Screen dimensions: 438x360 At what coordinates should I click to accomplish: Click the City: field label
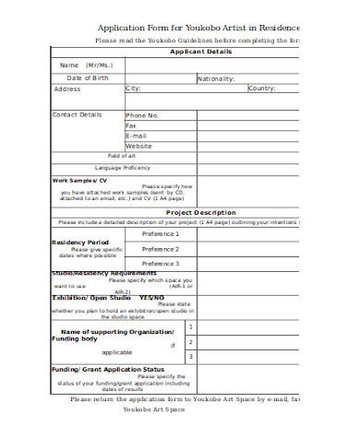pos(133,89)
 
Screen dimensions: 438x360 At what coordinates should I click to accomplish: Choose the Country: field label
pos(262,89)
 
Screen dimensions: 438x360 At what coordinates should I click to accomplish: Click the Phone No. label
pos(142,115)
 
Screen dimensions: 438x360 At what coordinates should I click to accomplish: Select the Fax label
pos(131,125)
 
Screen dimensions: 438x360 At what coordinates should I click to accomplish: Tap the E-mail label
pos(137,136)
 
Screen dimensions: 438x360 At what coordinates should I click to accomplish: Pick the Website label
pos(138,146)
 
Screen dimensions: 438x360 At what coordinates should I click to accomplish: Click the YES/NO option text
pos(151,298)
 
